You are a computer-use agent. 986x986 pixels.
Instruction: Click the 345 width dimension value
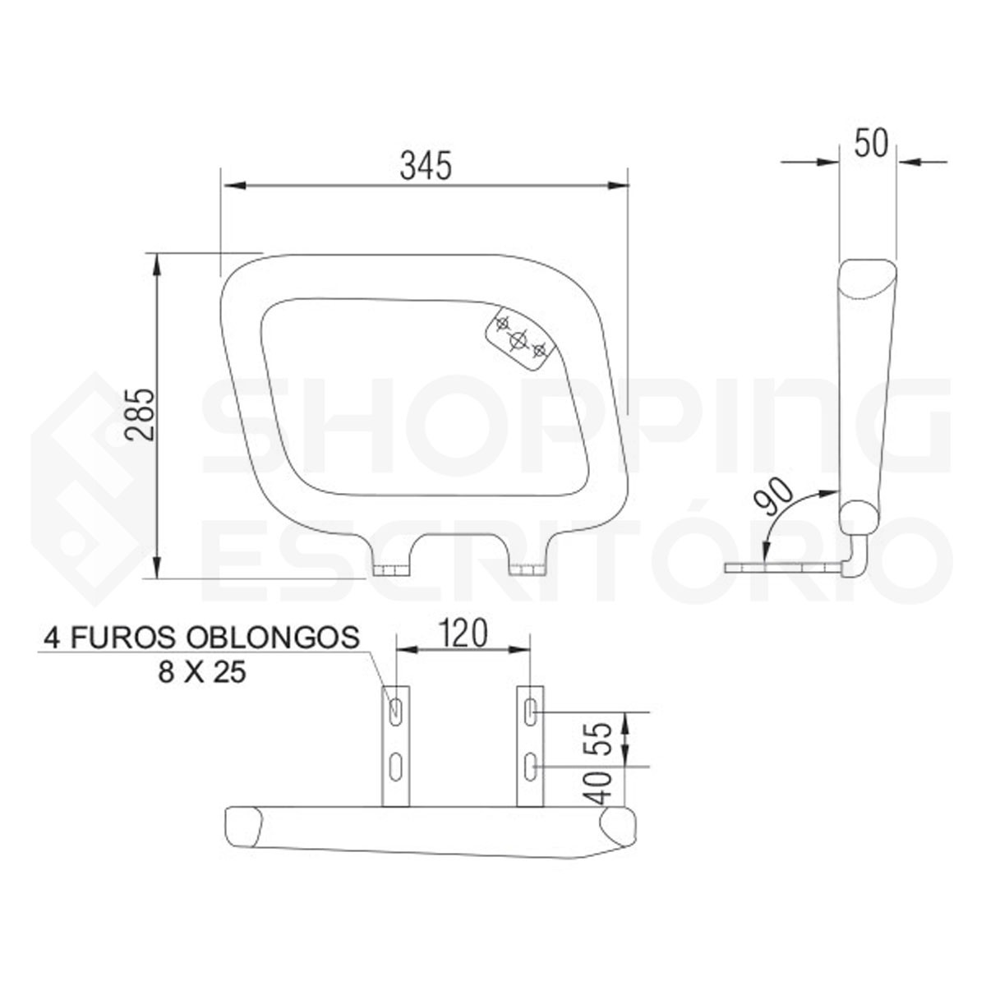coord(426,166)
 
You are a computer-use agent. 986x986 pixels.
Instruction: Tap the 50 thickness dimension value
coord(871,144)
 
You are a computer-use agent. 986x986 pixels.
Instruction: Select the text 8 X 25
coord(202,672)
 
